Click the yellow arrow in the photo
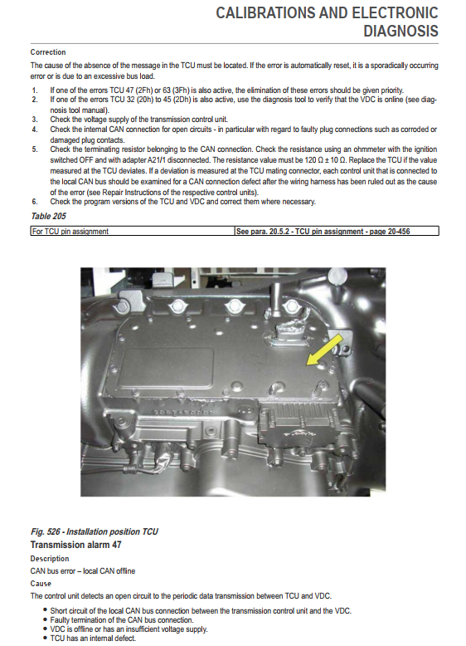click(x=325, y=350)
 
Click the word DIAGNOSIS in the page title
click(x=401, y=32)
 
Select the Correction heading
click(x=48, y=52)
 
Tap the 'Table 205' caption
click(x=49, y=216)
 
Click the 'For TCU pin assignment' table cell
click(x=70, y=231)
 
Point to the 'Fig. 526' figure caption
click(x=95, y=531)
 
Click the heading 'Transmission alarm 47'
click(x=76, y=545)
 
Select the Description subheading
click(x=50, y=559)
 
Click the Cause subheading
click(x=41, y=584)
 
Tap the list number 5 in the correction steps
click(x=35, y=149)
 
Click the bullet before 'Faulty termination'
click(x=45, y=619)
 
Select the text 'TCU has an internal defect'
click(x=93, y=639)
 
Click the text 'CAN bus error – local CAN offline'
click(x=83, y=571)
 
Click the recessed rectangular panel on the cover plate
click(x=169, y=368)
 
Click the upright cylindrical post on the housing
click(x=274, y=300)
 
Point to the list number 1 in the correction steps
click(x=35, y=91)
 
